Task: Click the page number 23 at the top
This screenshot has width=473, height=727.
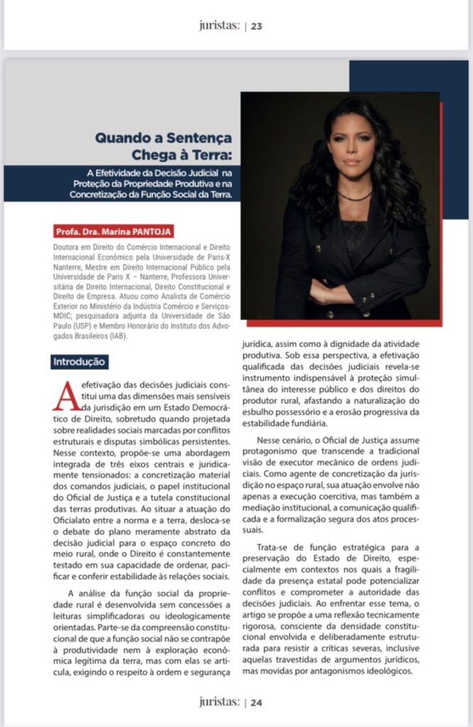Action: [256, 27]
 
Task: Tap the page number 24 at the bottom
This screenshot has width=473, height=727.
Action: [256, 702]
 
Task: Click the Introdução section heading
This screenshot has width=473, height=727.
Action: [80, 362]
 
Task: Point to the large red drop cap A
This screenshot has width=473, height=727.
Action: [65, 395]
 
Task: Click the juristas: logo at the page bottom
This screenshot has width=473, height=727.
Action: [219, 702]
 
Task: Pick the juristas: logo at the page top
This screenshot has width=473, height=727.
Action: [219, 27]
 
